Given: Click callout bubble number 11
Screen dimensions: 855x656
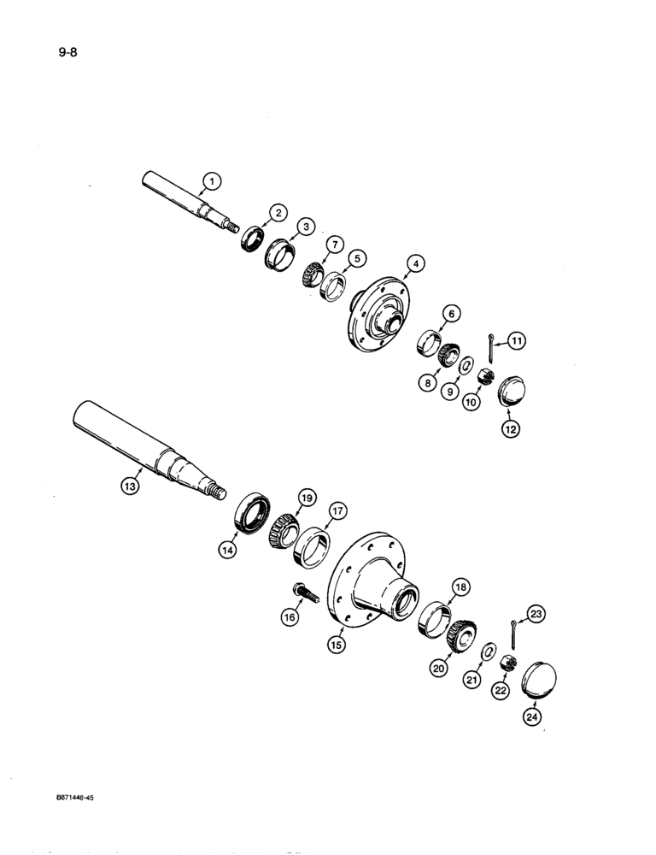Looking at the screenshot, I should (516, 340).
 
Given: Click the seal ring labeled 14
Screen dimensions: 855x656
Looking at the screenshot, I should (252, 516).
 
